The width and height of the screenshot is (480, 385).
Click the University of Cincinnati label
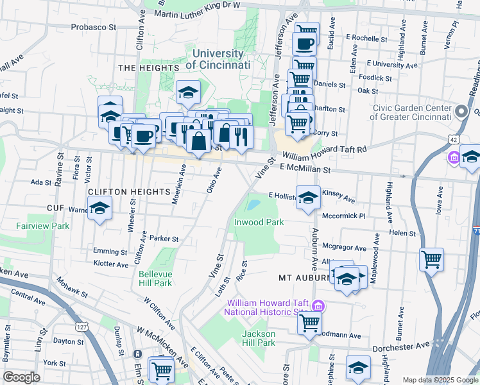click(x=218, y=60)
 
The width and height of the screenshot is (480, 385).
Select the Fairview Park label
click(x=43, y=226)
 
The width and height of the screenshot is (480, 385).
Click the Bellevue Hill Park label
click(x=155, y=278)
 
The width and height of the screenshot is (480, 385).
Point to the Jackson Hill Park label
click(x=259, y=338)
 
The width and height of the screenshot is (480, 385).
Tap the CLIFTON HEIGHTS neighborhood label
click(x=123, y=191)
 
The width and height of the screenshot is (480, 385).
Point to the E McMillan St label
click(x=305, y=168)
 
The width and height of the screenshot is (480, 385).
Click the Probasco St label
click(x=94, y=28)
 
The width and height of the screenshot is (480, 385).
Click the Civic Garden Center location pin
click(x=460, y=112)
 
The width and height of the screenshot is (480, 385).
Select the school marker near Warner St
click(x=99, y=207)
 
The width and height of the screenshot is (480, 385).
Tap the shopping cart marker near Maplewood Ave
click(x=432, y=259)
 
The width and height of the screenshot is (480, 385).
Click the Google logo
click(x=21, y=377)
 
